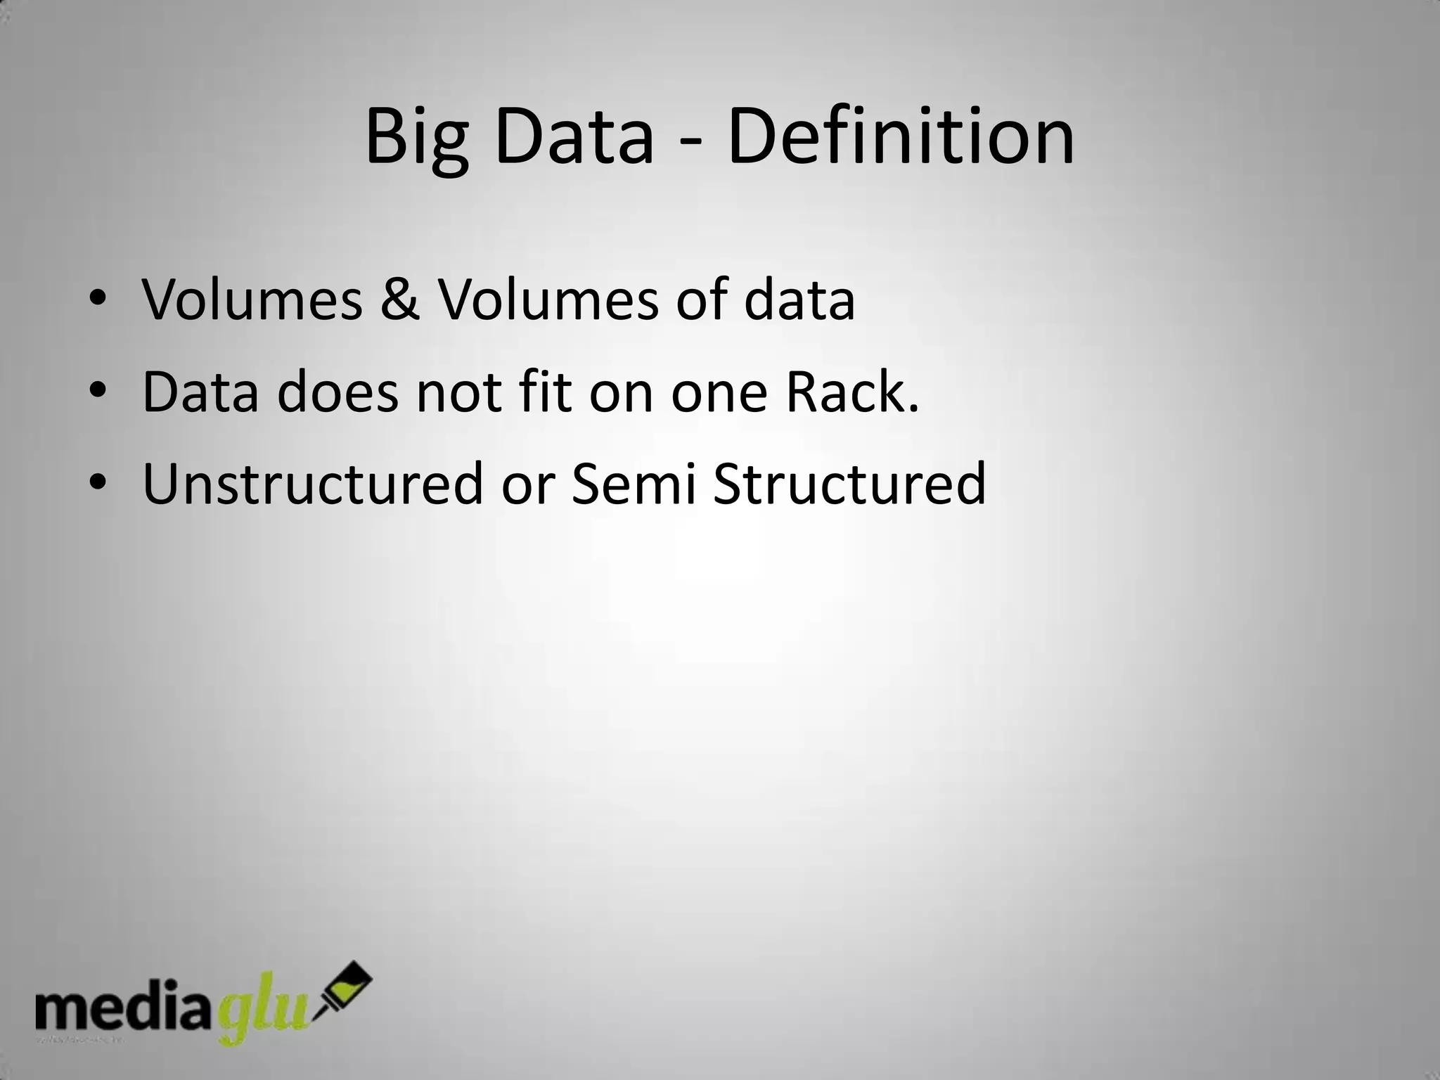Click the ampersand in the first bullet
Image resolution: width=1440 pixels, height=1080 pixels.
(400, 300)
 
